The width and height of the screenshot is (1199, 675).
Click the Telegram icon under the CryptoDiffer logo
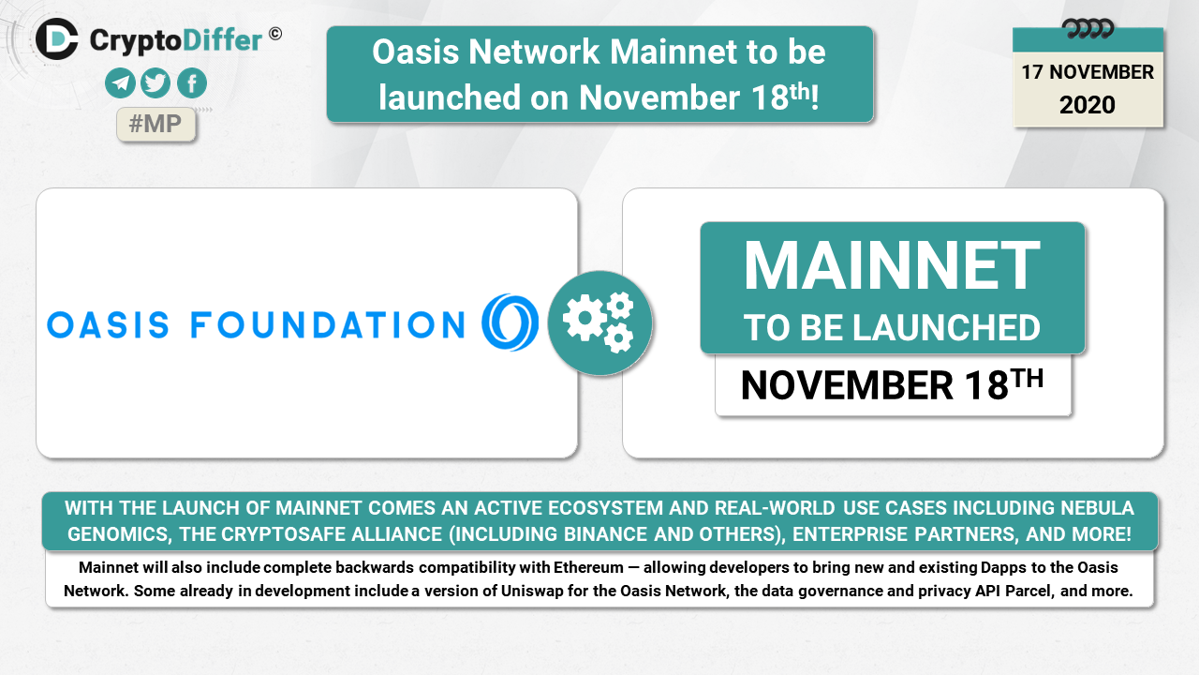pyautogui.click(x=120, y=83)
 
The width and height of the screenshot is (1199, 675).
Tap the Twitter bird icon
pyautogui.click(x=155, y=83)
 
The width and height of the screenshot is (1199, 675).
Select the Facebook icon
pyautogui.click(x=192, y=83)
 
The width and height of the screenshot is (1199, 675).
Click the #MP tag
pyautogui.click(x=155, y=125)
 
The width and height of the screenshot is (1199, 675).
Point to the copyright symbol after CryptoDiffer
pyautogui.click(x=275, y=35)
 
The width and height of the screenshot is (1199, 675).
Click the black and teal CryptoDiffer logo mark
pyautogui.click(x=57, y=38)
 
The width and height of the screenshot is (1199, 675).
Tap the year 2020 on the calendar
pyautogui.click(x=1088, y=104)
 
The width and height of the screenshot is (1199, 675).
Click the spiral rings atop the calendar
pyautogui.click(x=1088, y=28)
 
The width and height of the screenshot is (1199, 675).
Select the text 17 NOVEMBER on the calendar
pyautogui.click(x=1088, y=72)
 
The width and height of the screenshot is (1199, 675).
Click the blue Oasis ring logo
pyautogui.click(x=511, y=322)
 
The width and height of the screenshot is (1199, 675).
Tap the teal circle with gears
pyautogui.click(x=600, y=323)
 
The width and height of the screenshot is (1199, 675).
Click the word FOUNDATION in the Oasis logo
pyautogui.click(x=328, y=325)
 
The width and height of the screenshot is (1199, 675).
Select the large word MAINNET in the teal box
pyautogui.click(x=893, y=265)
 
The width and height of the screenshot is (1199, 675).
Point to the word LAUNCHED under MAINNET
pyautogui.click(x=946, y=328)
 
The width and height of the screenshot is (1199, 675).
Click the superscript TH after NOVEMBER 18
pyautogui.click(x=1029, y=378)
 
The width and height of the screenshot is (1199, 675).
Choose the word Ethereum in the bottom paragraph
pyautogui.click(x=588, y=567)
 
